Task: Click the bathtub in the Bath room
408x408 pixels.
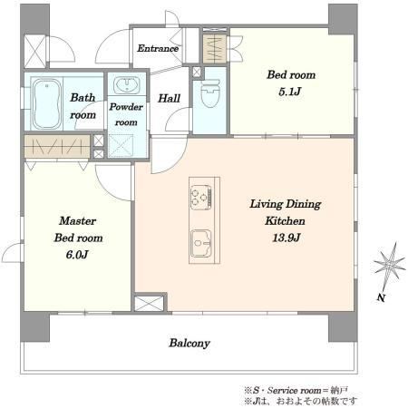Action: coord(46,103)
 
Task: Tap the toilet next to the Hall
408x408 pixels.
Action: coord(210,93)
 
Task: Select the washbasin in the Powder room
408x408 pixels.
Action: coord(127,85)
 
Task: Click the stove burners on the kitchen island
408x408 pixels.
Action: coord(201,197)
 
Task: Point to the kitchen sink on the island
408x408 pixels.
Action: coord(201,243)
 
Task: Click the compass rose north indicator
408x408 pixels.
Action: coord(389,266)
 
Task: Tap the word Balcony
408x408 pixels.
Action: coord(189,344)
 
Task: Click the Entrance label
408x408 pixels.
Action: coord(158,48)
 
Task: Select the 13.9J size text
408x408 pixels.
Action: coord(287,238)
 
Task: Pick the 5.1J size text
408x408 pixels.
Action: coord(290,92)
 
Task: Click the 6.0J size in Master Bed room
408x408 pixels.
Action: coord(77,255)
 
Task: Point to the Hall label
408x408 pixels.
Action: coord(170,98)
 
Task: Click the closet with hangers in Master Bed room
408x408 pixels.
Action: coord(57,147)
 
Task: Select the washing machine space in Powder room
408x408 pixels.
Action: coord(121,146)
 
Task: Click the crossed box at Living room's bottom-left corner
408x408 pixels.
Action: coord(149,304)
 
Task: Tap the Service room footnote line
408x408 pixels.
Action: coord(296,390)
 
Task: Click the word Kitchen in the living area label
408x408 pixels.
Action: coord(285,221)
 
